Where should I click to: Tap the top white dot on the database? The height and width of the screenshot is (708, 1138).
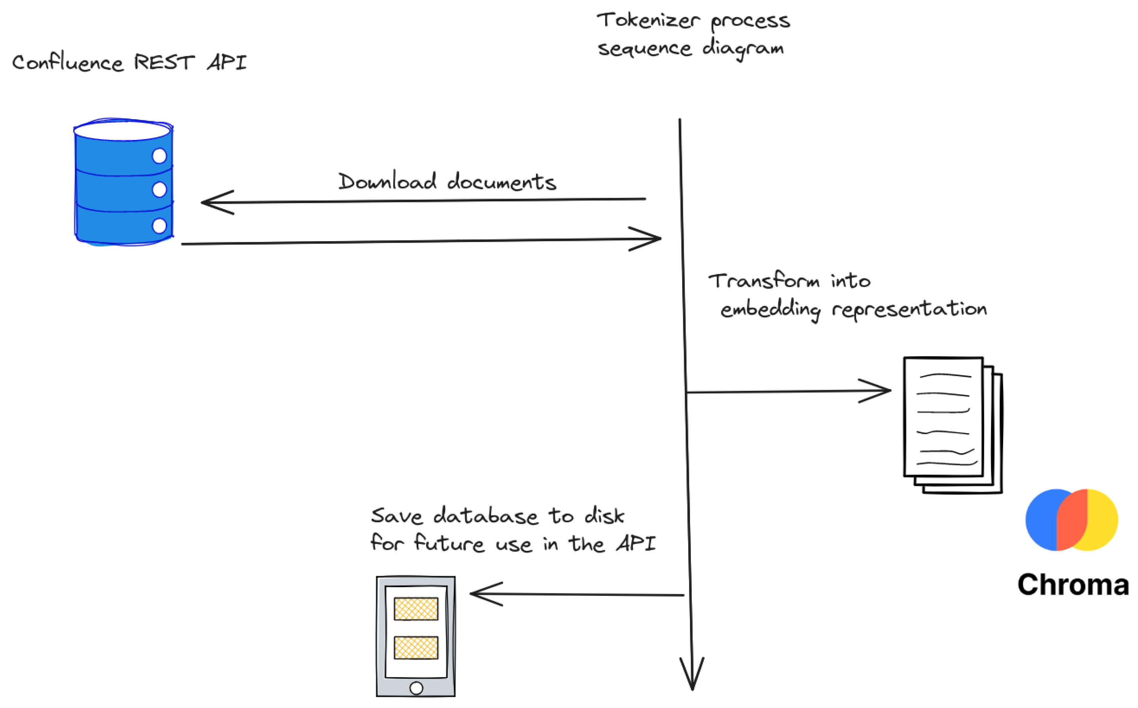coord(159,156)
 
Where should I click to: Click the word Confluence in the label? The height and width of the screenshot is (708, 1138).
coord(68,63)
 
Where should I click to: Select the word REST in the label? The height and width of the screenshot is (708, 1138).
coord(164,62)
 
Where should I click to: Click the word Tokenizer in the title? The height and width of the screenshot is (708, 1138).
coord(648,21)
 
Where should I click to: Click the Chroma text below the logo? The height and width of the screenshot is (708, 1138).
coord(1073,585)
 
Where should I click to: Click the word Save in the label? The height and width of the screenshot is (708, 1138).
coord(396,516)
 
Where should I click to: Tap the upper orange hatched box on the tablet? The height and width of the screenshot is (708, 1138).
coord(416,609)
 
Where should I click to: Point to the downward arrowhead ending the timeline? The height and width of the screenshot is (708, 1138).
coord(692,681)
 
